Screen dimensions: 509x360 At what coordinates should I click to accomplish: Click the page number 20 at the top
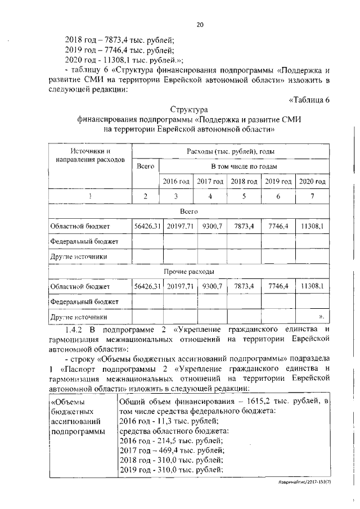[x=199, y=24]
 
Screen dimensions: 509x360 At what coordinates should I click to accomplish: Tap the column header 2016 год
[x=176, y=182]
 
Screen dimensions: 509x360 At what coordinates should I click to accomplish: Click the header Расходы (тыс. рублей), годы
[x=230, y=152]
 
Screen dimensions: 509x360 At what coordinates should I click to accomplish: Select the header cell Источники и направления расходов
[x=90, y=156]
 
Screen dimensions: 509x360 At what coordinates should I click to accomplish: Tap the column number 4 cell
[x=210, y=196]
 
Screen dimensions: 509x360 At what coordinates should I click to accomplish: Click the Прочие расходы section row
[x=188, y=272]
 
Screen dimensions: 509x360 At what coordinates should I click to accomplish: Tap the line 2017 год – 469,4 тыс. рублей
[x=172, y=450]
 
